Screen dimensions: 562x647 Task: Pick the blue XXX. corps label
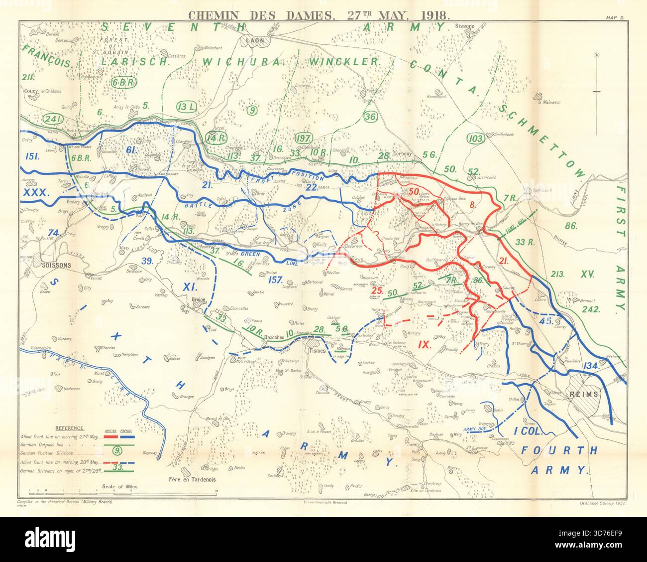[36, 191]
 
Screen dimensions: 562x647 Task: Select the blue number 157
[276, 279]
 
